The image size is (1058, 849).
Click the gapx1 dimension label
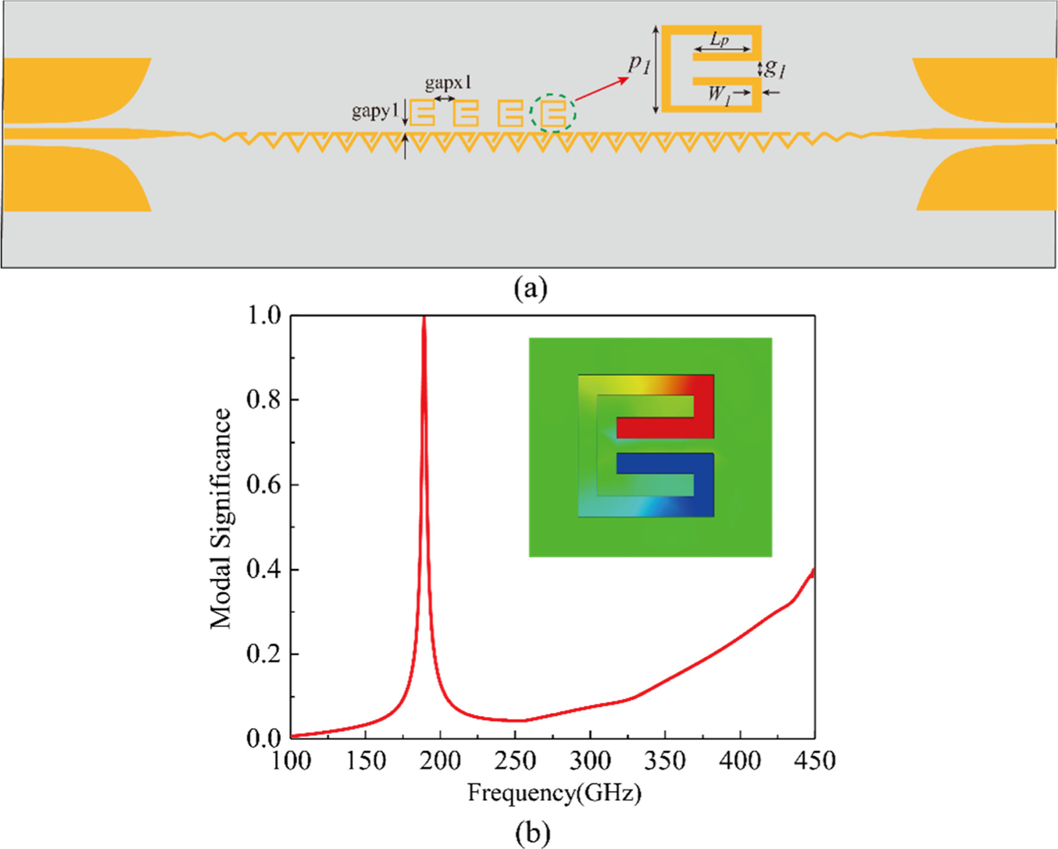coord(448,83)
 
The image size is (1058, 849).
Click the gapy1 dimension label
coord(374,111)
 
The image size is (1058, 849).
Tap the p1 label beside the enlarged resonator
coord(639,64)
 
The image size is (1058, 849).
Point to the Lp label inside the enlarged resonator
coord(719,39)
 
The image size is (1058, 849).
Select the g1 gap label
coord(775,67)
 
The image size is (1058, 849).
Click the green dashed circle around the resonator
coord(553,113)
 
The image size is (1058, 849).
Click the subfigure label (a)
coord(531,288)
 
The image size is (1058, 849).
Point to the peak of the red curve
coord(424,318)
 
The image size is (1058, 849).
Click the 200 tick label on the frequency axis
coord(440,760)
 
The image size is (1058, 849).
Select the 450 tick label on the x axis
coord(814,760)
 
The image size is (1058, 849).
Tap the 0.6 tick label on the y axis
coord(263,485)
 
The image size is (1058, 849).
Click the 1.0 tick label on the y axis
coord(263,316)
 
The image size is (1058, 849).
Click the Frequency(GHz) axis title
coord(554,792)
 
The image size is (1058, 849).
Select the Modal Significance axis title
coord(220,518)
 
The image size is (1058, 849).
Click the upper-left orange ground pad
coord(74,89)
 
